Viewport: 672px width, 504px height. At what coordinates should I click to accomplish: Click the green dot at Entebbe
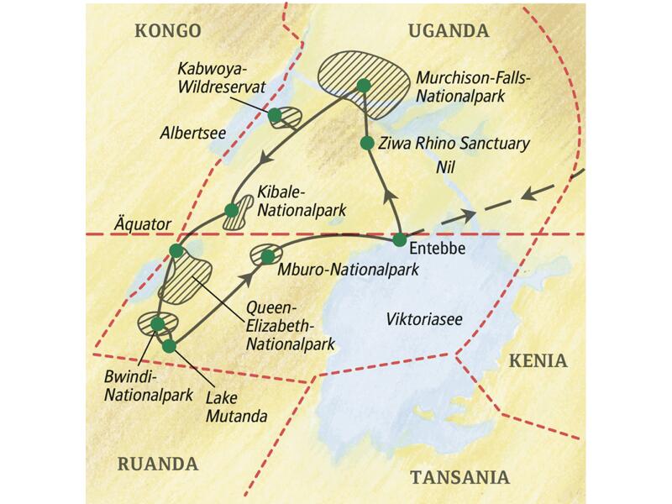401,240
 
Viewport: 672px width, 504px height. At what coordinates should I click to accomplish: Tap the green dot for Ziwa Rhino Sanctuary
366,143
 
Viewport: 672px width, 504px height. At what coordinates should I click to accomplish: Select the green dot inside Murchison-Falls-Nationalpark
363,85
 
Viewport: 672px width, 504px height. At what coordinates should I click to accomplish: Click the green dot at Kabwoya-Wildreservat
275,114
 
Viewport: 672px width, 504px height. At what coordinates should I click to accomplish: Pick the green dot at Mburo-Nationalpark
267,255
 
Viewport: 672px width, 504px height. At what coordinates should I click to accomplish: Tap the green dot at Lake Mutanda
169,345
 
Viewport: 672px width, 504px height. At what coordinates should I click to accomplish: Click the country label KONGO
169,31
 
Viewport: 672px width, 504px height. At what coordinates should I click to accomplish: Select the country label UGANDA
448,31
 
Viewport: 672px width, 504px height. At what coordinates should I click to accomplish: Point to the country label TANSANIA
459,477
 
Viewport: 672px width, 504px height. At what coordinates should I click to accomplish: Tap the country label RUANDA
158,463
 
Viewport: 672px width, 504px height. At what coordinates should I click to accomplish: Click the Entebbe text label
438,250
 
